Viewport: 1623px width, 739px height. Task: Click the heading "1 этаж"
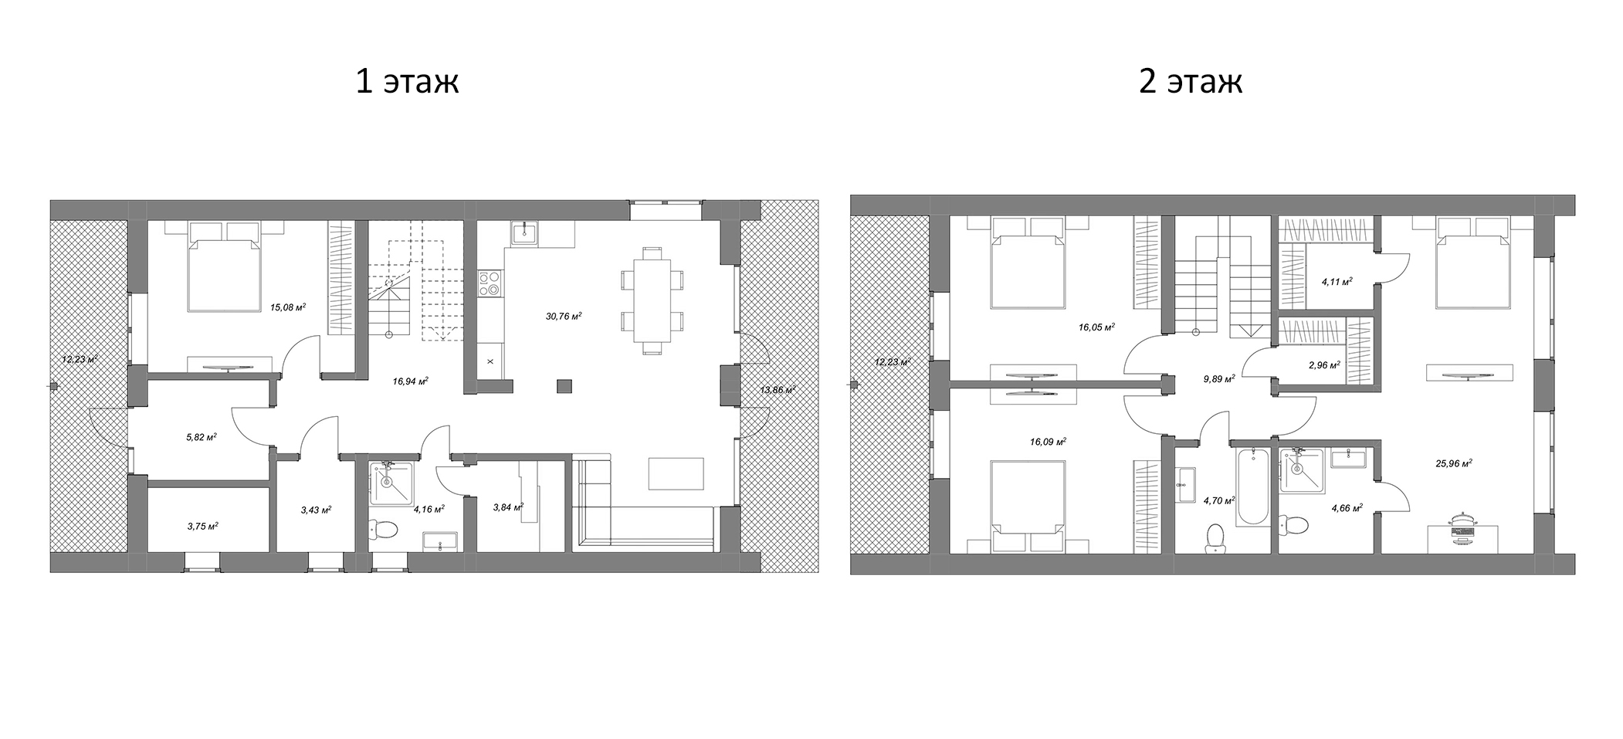coord(407,81)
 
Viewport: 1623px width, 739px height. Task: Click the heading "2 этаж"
coord(1191,81)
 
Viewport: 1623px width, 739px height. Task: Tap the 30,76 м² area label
coord(564,315)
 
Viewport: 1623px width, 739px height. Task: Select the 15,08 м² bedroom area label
coord(288,307)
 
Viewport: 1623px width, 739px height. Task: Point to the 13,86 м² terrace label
coord(777,389)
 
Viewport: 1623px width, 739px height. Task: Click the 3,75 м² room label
coord(202,525)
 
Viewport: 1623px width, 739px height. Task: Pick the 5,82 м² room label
coord(201,436)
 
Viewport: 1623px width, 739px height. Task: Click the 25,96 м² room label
coord(1453,463)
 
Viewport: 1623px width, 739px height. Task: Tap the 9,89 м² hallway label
coord(1219,378)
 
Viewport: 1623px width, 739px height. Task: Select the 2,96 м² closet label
coord(1323,364)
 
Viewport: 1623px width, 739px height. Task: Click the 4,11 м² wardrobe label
coord(1337,282)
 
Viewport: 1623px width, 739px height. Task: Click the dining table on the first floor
coord(652,300)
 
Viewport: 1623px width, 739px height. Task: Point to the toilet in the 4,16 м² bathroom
coord(383,530)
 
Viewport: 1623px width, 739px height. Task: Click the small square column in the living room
coord(565,385)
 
